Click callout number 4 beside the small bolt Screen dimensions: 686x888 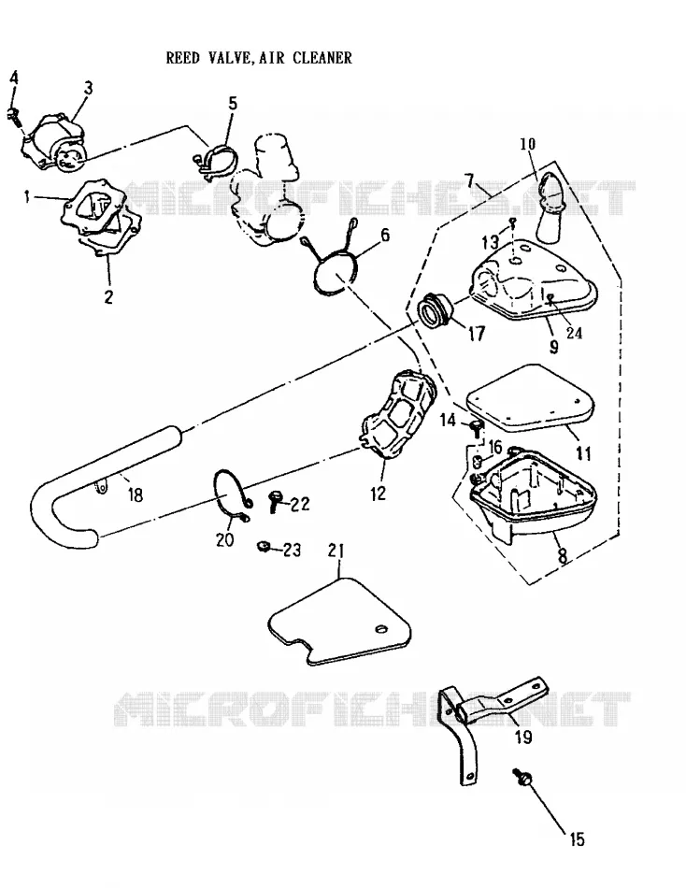pyautogui.click(x=14, y=79)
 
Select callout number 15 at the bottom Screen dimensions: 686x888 pyautogui.click(x=577, y=838)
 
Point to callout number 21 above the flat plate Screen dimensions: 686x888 pyautogui.click(x=336, y=550)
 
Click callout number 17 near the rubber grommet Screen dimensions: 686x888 pyautogui.click(x=477, y=333)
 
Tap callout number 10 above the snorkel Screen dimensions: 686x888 pyautogui.click(x=527, y=144)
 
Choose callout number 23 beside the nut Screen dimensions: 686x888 pyautogui.click(x=292, y=550)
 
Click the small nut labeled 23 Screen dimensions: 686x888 pyautogui.click(x=263, y=546)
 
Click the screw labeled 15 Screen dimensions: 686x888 pyautogui.click(x=523, y=780)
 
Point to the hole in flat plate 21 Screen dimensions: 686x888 pyautogui.click(x=381, y=630)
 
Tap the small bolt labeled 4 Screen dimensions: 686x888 pyautogui.click(x=14, y=116)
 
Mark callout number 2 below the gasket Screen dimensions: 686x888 pyautogui.click(x=108, y=296)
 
